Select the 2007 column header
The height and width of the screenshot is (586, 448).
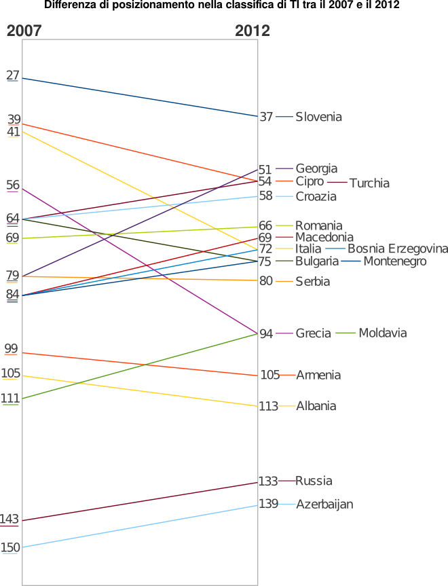24,31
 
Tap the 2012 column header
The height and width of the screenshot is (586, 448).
252,31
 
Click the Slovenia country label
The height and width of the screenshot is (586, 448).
318,117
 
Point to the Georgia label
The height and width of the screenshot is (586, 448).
316,169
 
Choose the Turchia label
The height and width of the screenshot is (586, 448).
369,183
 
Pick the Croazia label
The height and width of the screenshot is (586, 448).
316,197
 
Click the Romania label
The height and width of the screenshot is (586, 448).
318,225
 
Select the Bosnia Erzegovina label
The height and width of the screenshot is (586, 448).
398,249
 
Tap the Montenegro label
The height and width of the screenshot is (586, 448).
395,261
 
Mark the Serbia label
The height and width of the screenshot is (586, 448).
312,281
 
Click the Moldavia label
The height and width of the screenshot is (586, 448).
382,333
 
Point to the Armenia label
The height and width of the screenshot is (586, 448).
318,376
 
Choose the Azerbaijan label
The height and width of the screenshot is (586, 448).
324,505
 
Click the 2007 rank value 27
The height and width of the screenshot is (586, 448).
12,75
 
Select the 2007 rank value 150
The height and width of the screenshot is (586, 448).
10,547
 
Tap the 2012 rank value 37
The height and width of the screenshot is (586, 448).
266,117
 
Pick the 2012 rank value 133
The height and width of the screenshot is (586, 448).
268,481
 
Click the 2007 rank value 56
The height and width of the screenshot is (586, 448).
12,185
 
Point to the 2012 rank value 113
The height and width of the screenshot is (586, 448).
268,407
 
